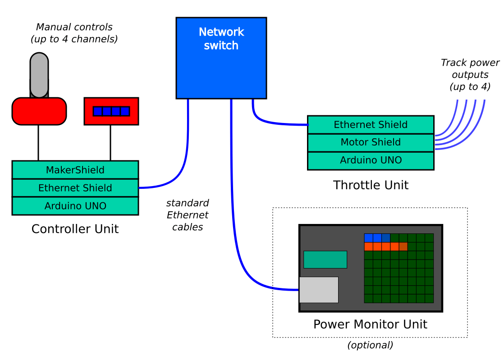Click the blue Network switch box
pyautogui.click(x=221, y=58)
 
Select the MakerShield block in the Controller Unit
pyautogui.click(x=75, y=170)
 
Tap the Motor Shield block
pyautogui.click(x=371, y=142)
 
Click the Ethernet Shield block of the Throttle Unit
pyautogui.click(x=371, y=125)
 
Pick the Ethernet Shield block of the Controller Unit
pyautogui.click(x=75, y=188)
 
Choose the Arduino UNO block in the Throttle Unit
pyautogui.click(x=371, y=160)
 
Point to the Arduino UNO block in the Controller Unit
pyautogui.click(x=75, y=206)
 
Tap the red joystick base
pyautogui.click(x=39, y=111)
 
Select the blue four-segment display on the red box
pyautogui.click(x=111, y=111)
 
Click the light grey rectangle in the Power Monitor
pyautogui.click(x=319, y=290)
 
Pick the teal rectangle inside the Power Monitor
pyautogui.click(x=325, y=260)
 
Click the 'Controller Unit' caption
pyautogui.click(x=75, y=229)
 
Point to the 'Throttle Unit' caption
pyautogui.click(x=371, y=185)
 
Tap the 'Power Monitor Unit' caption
pyautogui.click(x=370, y=324)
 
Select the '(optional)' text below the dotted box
pyautogui.click(x=370, y=345)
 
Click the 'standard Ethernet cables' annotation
pyautogui.click(x=188, y=215)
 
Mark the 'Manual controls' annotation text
pyautogui.click(x=74, y=33)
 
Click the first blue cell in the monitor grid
pyautogui.click(x=369, y=238)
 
